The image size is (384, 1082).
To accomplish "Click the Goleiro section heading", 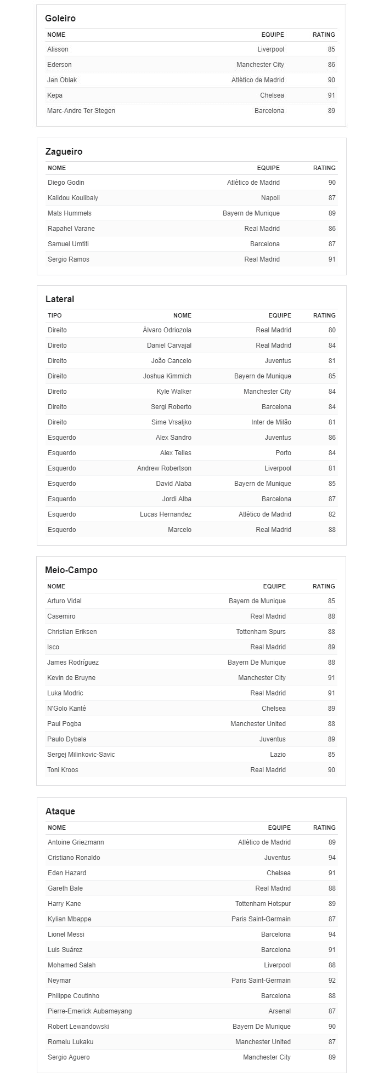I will click(60, 18).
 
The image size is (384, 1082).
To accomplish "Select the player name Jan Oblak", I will click(62, 80).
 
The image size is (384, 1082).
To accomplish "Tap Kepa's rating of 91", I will click(331, 95).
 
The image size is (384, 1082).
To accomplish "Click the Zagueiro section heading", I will click(64, 151).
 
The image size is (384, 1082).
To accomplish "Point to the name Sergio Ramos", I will click(69, 259).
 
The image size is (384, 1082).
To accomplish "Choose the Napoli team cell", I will click(270, 198).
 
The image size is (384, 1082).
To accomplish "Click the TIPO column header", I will click(55, 315).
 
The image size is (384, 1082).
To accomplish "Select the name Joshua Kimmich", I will click(167, 376).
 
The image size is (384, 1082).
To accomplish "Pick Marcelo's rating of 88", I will click(332, 530).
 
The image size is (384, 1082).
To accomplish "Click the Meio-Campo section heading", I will click(71, 570).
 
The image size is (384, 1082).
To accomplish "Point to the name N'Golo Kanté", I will click(66, 709).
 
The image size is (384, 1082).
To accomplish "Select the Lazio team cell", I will click(278, 755).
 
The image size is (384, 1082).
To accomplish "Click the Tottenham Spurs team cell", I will click(261, 632).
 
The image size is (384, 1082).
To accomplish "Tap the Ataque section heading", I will click(60, 811).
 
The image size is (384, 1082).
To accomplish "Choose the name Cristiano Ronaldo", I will click(74, 858).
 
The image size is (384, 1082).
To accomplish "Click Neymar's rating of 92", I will click(331, 981).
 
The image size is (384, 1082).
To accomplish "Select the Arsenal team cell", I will click(280, 1011).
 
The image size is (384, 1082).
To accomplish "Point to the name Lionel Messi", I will click(66, 934).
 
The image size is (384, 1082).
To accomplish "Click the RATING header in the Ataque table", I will click(324, 828).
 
